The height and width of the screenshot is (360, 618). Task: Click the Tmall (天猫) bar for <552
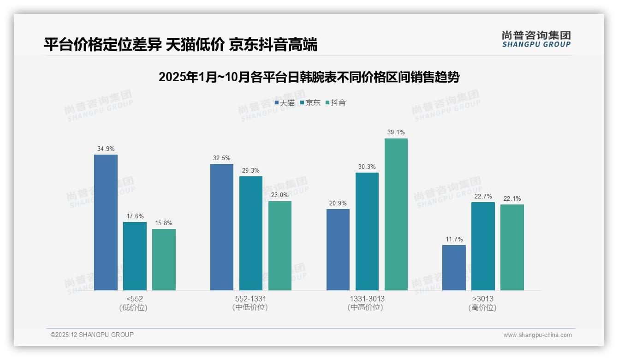[x=106, y=222]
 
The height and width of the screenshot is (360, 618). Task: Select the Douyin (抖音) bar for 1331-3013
[x=396, y=215]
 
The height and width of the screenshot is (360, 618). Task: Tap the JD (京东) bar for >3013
[x=483, y=246]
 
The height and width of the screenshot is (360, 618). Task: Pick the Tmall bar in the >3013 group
[x=454, y=268]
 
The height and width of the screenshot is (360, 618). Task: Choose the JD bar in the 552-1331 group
[x=250, y=234]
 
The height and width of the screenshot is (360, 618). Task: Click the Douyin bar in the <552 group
[x=164, y=259]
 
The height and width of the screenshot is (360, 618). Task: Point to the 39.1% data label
[x=396, y=132]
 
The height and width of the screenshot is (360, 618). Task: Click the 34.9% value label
[x=106, y=149]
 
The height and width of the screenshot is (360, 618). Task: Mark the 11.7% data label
[x=454, y=239]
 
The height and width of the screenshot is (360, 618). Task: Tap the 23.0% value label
[x=280, y=195]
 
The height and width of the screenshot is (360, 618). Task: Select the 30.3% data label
[x=367, y=167]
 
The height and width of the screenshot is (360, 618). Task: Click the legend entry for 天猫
[x=285, y=103]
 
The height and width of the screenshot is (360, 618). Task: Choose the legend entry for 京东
[x=310, y=103]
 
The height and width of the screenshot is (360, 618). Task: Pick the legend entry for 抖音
[x=336, y=103]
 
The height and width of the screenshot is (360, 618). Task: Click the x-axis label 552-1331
[x=250, y=299]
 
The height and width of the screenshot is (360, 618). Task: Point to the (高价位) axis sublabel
[x=482, y=308]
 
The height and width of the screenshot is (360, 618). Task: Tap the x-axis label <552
[x=134, y=299]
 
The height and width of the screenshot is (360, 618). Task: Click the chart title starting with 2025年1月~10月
[x=309, y=77]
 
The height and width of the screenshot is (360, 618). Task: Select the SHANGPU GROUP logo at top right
[x=536, y=39]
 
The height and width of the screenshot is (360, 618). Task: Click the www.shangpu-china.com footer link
[x=537, y=335]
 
